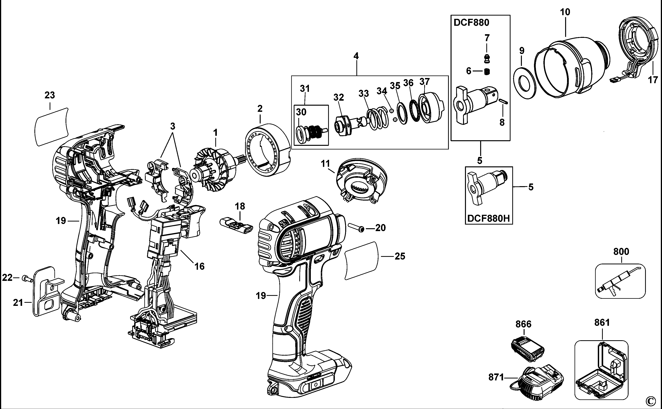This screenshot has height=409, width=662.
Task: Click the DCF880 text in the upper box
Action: pyautogui.click(x=471, y=22)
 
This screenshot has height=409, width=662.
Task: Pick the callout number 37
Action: pyautogui.click(x=425, y=81)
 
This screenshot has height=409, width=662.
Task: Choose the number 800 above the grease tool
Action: pyautogui.click(x=621, y=252)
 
